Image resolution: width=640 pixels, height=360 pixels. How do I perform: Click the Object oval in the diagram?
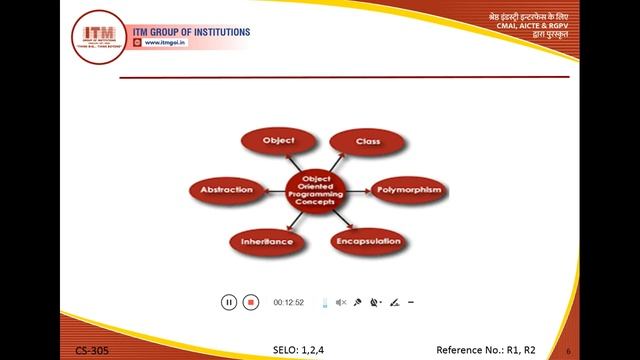(278, 141)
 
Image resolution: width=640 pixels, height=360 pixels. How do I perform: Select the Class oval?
(367, 142)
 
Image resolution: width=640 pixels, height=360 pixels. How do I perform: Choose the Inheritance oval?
(266, 241)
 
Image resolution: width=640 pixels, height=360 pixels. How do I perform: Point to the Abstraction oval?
(226, 189)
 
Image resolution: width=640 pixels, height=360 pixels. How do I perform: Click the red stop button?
(251, 302)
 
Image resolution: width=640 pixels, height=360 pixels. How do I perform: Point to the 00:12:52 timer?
(288, 302)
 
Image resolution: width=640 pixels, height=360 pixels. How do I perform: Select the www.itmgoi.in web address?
(173, 43)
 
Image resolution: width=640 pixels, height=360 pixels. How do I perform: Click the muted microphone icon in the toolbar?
(341, 302)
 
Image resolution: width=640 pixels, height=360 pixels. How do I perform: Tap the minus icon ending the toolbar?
(411, 302)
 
